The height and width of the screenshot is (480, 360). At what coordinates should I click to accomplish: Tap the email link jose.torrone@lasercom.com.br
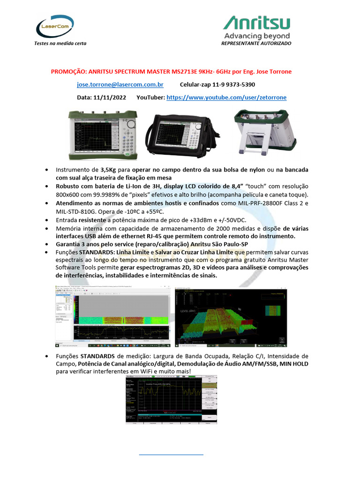120,85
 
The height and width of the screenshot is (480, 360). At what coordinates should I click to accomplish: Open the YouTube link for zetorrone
226,97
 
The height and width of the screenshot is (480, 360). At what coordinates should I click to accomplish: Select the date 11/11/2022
110,97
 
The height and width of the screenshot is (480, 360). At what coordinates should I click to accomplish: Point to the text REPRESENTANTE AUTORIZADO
256,43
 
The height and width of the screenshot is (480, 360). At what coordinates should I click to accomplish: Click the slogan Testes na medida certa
60,43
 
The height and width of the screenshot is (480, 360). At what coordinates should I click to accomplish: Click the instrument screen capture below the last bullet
171,399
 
